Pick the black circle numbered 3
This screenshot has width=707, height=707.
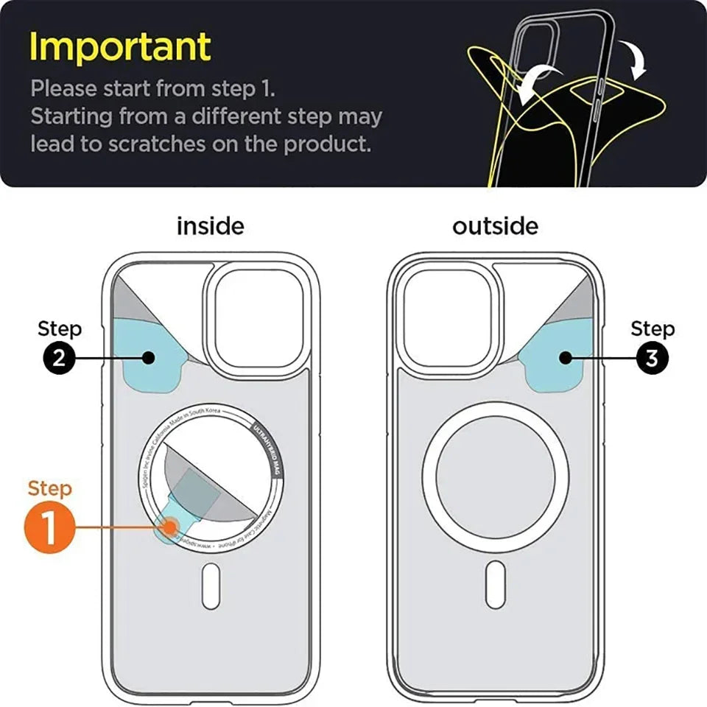click(x=652, y=358)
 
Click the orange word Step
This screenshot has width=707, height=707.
click(x=50, y=488)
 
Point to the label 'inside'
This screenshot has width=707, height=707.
click(x=210, y=226)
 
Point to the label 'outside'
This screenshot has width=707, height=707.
click(x=495, y=226)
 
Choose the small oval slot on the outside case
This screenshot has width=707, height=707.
click(x=496, y=584)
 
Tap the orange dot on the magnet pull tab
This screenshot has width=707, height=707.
click(x=171, y=527)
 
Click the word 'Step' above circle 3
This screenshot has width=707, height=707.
click(x=652, y=328)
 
